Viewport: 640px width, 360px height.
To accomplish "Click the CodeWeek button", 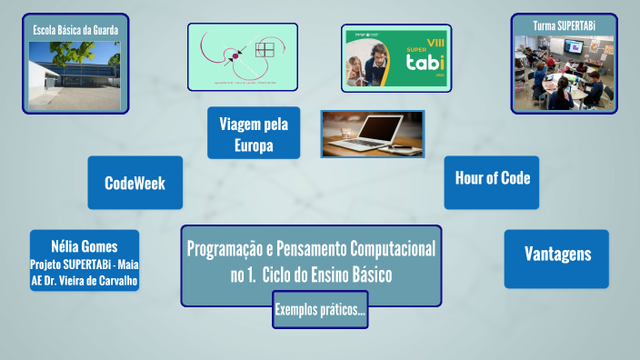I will coord(135,183).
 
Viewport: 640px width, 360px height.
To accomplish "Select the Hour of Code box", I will coord(492,178).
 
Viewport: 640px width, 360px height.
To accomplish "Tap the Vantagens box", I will coord(556,254).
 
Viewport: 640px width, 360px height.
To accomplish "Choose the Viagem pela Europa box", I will coord(241,135).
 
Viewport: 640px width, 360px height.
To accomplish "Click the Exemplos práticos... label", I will coord(320,311).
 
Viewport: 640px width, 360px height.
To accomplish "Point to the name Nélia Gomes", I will coord(85,246).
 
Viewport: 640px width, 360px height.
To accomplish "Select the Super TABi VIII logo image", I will coord(396,57).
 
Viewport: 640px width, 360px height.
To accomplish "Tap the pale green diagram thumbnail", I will coord(243,56).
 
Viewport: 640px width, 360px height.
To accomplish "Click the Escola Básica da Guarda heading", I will coord(75,30).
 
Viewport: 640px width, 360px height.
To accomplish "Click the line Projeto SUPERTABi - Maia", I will coord(85,264).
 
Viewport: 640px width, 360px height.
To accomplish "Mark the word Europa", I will coord(241,145).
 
